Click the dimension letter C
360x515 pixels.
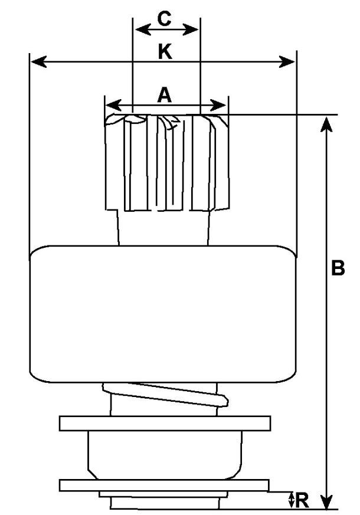click(165, 18)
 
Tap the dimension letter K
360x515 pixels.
click(165, 52)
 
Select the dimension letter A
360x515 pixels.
click(165, 94)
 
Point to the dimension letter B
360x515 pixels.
click(338, 268)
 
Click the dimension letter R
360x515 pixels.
click(302, 501)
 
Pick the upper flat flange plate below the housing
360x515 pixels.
click(165, 424)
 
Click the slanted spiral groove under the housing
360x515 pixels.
click(165, 394)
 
